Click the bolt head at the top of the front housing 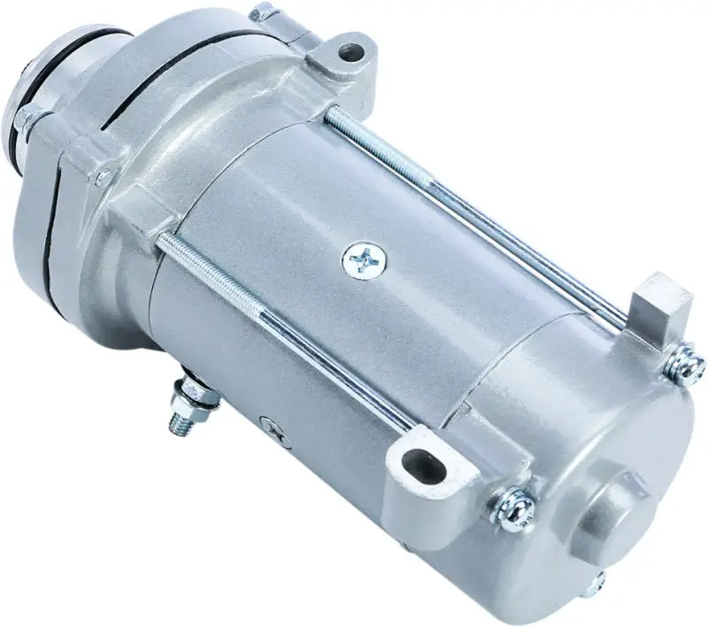262,13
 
